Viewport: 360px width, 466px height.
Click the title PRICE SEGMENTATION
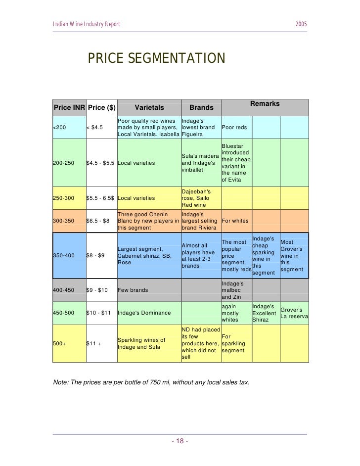pyautogui.click(x=156, y=58)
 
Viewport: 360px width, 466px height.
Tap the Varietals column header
pyautogui.click(x=149, y=107)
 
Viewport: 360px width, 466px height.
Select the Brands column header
pyautogui.click(x=201, y=107)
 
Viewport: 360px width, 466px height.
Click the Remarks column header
pyautogui.click(x=265, y=104)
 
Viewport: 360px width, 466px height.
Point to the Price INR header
pyautogui.click(x=69, y=107)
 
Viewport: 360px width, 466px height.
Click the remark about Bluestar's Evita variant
pyautogui.click(x=236, y=163)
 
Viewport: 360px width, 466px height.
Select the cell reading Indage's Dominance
pyautogui.click(x=144, y=313)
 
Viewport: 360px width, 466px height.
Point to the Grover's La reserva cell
pyautogui.click(x=294, y=313)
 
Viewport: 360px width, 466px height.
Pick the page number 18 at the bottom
pyautogui.click(x=180, y=441)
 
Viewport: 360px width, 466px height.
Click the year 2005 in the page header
pyautogui.click(x=301, y=25)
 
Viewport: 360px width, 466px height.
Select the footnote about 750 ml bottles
pyautogui.click(x=151, y=382)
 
